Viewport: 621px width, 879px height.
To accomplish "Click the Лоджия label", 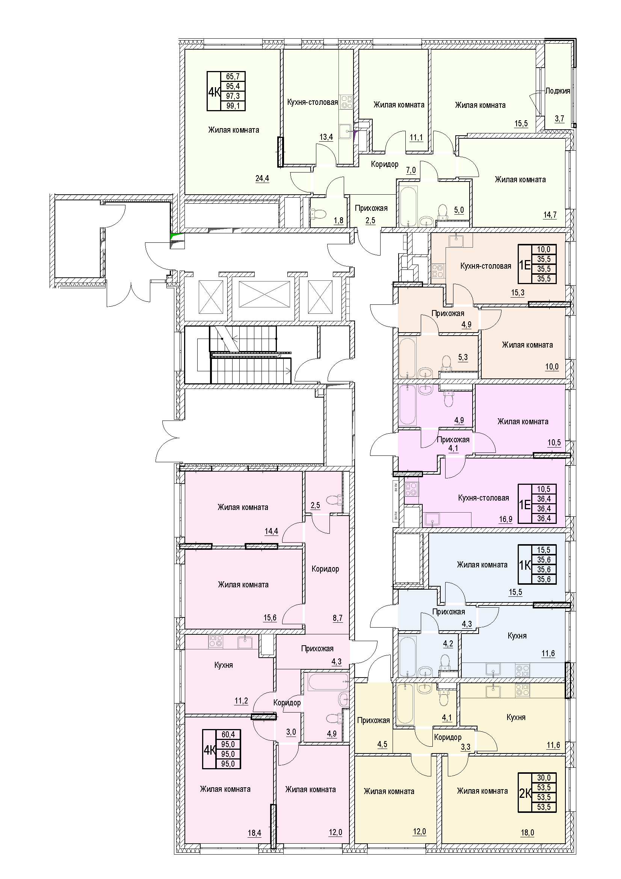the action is (x=558, y=91).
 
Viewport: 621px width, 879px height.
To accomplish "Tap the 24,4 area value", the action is (x=262, y=178).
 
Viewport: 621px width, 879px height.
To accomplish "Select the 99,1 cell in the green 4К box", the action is (x=233, y=106).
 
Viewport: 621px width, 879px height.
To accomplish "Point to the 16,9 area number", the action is (x=505, y=519).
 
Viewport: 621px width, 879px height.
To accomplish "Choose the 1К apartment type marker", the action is (x=525, y=565).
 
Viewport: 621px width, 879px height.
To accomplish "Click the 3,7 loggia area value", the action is (x=559, y=119).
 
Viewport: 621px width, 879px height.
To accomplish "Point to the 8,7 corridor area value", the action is (x=337, y=618).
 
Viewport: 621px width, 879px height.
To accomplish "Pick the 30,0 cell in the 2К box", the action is (x=544, y=778).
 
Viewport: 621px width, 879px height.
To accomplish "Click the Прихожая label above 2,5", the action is (x=371, y=208).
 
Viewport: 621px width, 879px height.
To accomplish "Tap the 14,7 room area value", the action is (x=550, y=215).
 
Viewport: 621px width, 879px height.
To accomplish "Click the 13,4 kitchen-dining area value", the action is (x=326, y=137).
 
